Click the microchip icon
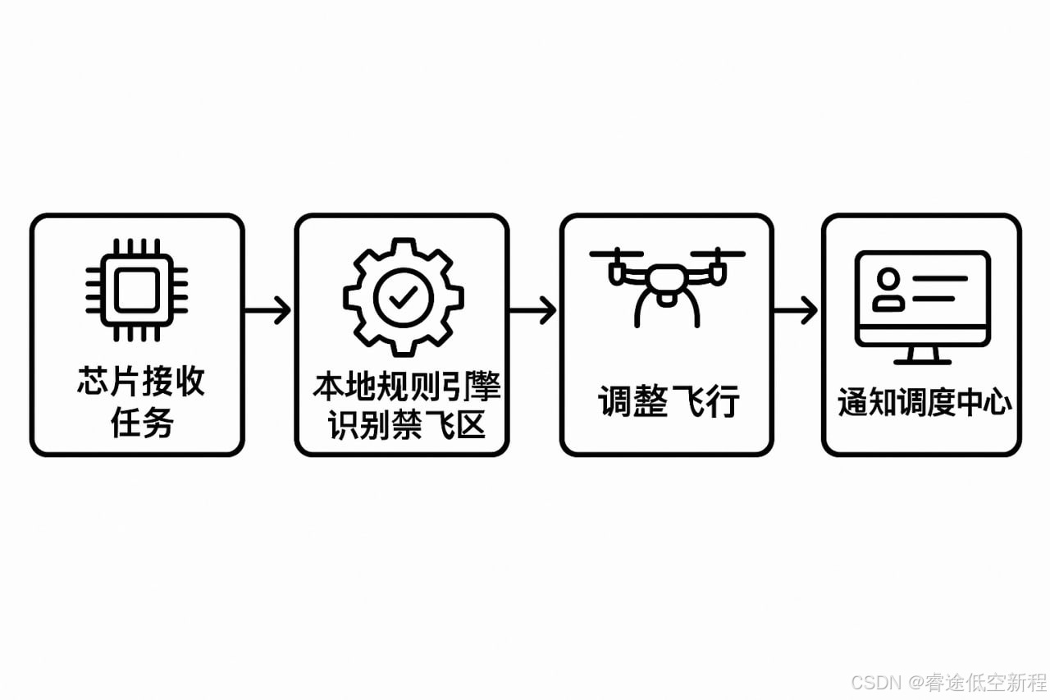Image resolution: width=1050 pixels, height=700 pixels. (x=137, y=290)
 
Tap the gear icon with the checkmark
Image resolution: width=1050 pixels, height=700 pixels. (x=403, y=297)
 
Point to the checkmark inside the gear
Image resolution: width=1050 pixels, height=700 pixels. (x=403, y=298)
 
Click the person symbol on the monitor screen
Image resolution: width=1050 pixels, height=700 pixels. (x=888, y=289)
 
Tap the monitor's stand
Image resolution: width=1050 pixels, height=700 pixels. (x=923, y=354)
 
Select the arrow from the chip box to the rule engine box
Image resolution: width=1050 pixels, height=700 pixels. (x=268, y=311)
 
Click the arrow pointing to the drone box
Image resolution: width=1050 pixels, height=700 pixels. (x=533, y=311)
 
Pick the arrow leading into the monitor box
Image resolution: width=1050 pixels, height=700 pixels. (x=797, y=311)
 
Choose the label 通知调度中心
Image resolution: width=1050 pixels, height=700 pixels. (x=924, y=403)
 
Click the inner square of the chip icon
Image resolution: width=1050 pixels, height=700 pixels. (x=137, y=290)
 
